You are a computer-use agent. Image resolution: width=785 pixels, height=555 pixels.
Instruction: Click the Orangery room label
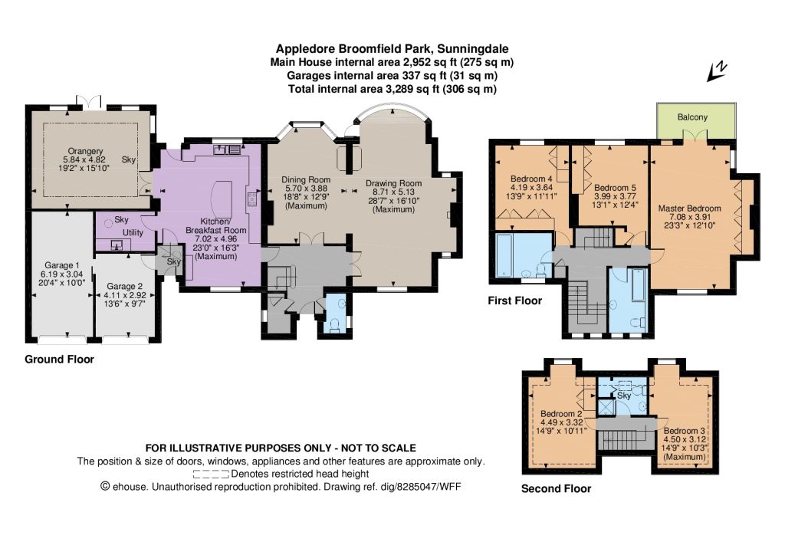[x=86, y=151]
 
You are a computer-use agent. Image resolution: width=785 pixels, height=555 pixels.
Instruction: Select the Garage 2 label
[x=125, y=286]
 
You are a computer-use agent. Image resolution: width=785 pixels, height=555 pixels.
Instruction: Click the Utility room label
[x=133, y=233]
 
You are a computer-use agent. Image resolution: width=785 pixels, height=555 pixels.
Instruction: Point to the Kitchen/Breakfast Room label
[x=215, y=225]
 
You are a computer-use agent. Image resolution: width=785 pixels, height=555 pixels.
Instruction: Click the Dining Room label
[x=306, y=179]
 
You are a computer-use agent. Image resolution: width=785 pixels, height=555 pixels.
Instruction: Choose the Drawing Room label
[x=393, y=183]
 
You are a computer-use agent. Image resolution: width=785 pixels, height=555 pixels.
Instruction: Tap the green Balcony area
[x=696, y=121]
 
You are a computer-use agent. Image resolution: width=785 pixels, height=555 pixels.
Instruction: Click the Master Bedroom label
[x=689, y=209]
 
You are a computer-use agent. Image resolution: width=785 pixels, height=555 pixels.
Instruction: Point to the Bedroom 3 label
[x=685, y=430]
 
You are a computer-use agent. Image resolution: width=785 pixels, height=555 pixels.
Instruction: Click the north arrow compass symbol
[x=717, y=71]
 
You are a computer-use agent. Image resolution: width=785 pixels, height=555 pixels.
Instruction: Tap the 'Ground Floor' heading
[x=59, y=360]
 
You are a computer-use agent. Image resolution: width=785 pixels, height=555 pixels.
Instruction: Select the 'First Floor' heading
[x=514, y=300]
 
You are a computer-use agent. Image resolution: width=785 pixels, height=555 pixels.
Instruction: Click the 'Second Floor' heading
[x=556, y=489]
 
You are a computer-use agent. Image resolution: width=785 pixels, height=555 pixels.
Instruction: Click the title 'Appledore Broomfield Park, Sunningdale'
[x=392, y=49]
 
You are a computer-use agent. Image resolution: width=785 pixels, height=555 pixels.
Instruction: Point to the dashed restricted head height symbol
[x=211, y=474]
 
